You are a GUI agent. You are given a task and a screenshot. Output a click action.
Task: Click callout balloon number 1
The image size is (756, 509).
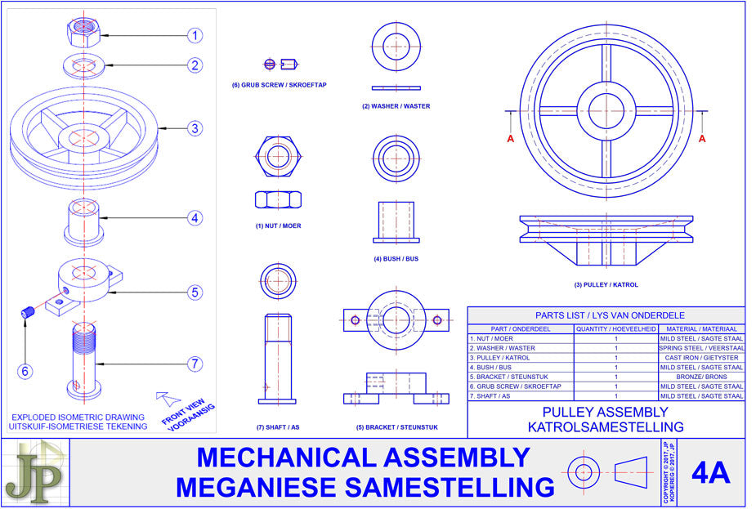(x=194, y=35)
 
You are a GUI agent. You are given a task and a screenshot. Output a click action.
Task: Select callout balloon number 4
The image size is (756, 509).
(x=194, y=218)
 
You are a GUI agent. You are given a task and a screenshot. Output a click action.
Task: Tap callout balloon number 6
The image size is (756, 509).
(x=25, y=371)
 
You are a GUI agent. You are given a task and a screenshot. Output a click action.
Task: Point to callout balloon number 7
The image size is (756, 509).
(x=194, y=364)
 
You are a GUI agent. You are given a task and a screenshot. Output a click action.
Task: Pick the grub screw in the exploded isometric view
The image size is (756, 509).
(x=27, y=311)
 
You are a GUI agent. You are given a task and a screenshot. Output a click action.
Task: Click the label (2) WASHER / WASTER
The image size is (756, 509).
(x=396, y=106)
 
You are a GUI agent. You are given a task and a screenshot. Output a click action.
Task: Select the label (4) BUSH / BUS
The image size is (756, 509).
(x=396, y=259)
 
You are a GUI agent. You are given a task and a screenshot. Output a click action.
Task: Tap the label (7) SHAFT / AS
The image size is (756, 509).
(x=277, y=427)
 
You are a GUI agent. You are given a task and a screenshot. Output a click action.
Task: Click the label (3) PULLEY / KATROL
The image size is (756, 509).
(x=606, y=285)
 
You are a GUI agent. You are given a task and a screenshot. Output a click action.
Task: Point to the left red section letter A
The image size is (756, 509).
(x=511, y=139)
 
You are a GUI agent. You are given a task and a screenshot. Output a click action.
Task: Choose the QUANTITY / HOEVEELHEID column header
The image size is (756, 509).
(x=615, y=328)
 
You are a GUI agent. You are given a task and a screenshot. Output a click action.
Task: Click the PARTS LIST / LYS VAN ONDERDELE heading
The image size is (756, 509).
(x=606, y=315)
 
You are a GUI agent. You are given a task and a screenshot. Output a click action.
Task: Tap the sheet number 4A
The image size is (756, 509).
(x=710, y=473)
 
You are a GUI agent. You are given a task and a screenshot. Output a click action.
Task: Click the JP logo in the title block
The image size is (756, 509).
(x=34, y=473)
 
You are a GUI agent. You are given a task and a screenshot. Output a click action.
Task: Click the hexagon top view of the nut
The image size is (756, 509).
(x=277, y=152)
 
